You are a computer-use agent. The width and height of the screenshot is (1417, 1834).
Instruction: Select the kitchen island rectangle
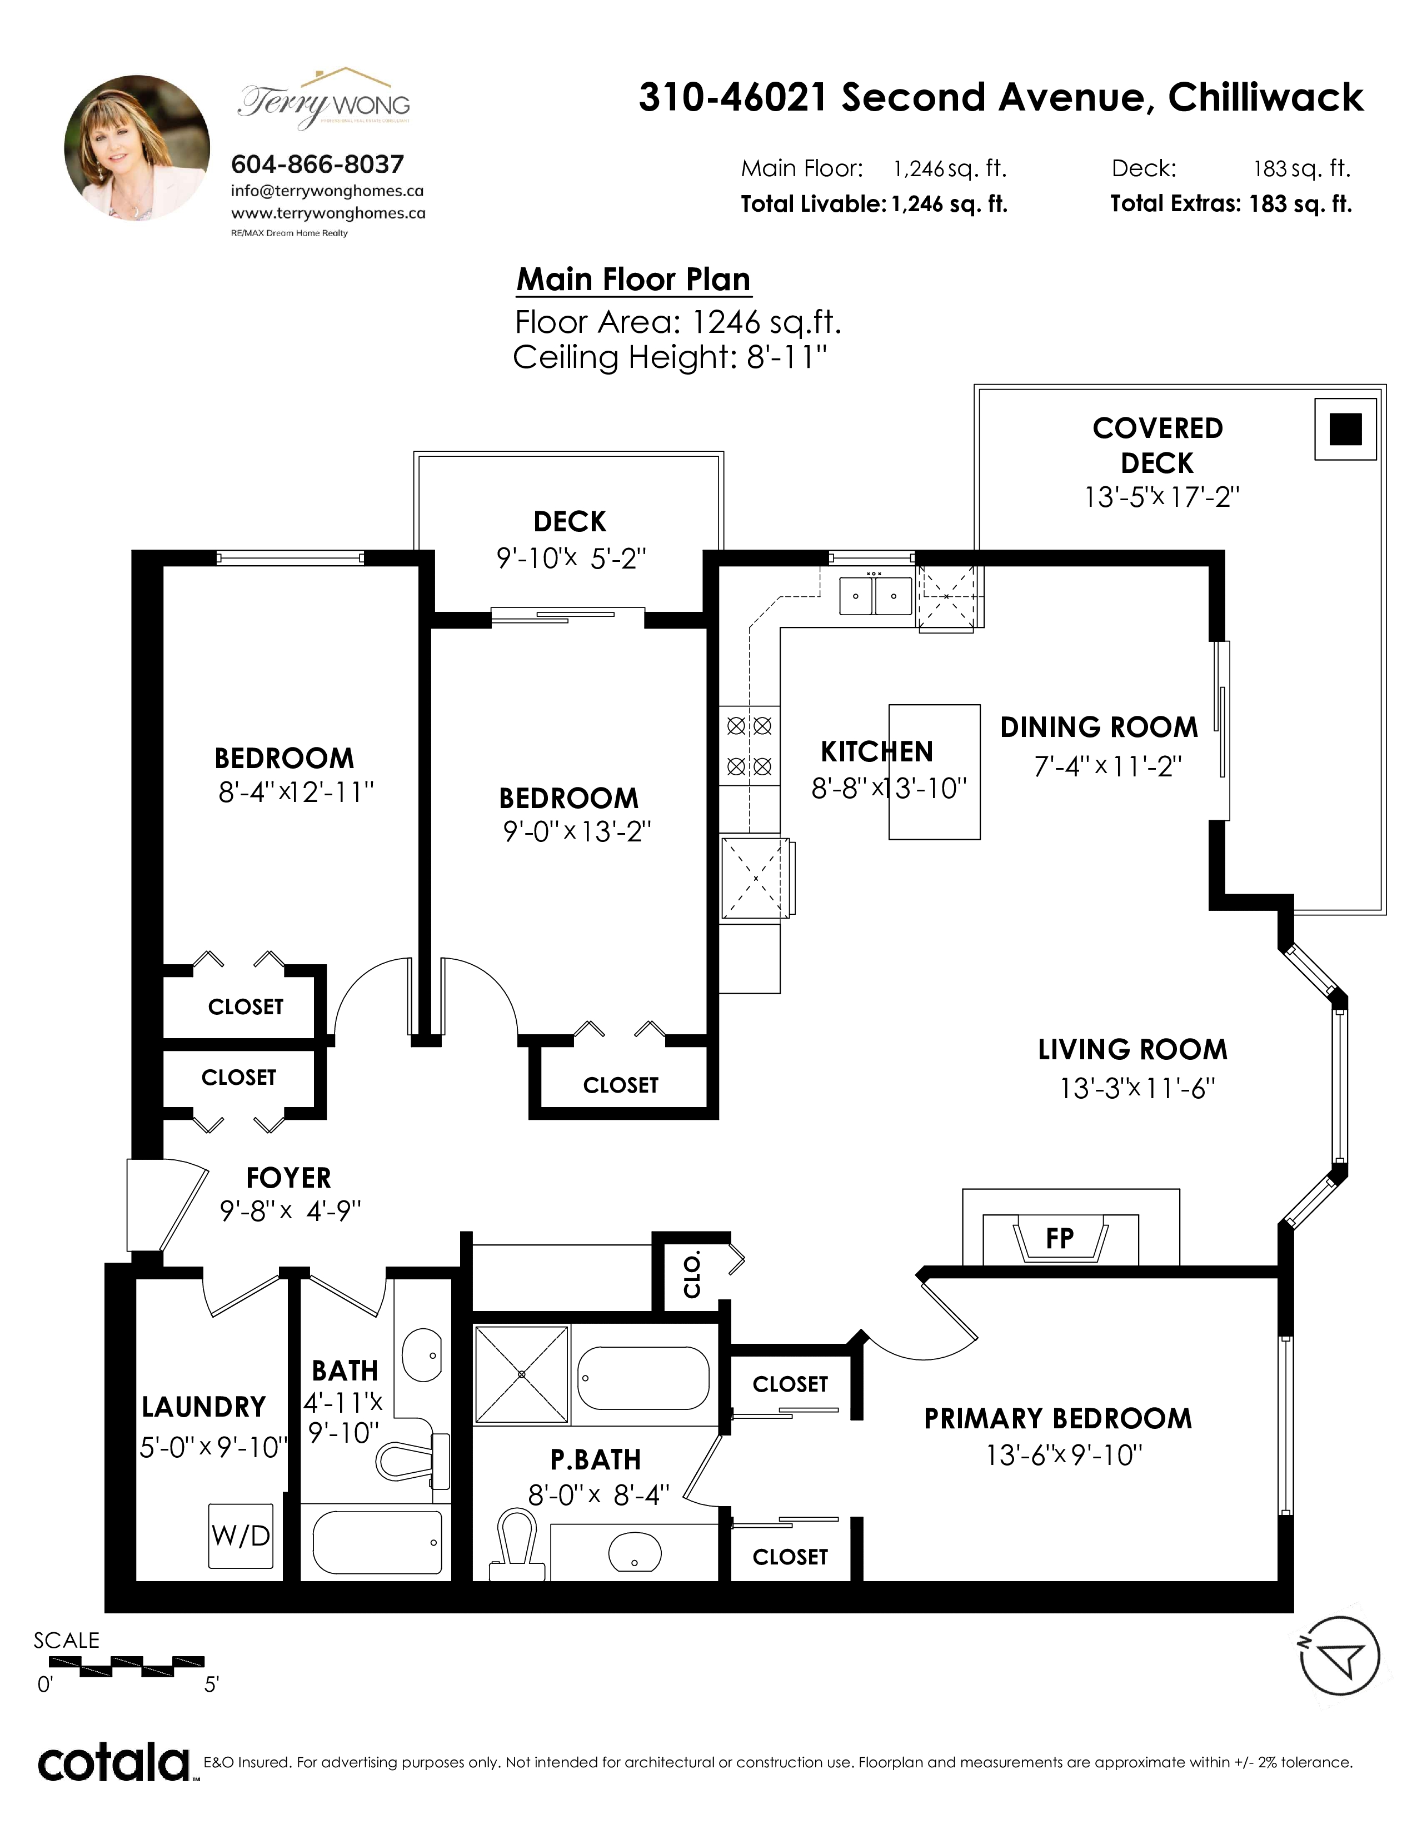tap(934, 772)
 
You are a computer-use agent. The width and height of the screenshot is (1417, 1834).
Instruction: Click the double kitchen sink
tap(876, 595)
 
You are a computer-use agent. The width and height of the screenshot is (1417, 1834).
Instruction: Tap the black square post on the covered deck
tap(1346, 429)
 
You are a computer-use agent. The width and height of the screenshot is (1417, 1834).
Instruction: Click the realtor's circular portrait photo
tap(137, 148)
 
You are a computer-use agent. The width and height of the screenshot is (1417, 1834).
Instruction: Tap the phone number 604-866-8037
tap(317, 164)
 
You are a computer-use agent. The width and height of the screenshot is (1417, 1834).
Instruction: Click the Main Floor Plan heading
tap(634, 280)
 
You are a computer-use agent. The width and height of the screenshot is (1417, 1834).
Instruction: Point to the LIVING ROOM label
tap(1132, 1050)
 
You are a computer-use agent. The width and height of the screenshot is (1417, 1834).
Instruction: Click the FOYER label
tap(289, 1178)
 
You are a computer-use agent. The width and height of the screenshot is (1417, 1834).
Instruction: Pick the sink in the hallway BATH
tap(422, 1354)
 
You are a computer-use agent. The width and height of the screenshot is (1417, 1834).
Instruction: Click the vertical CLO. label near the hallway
tap(692, 1275)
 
